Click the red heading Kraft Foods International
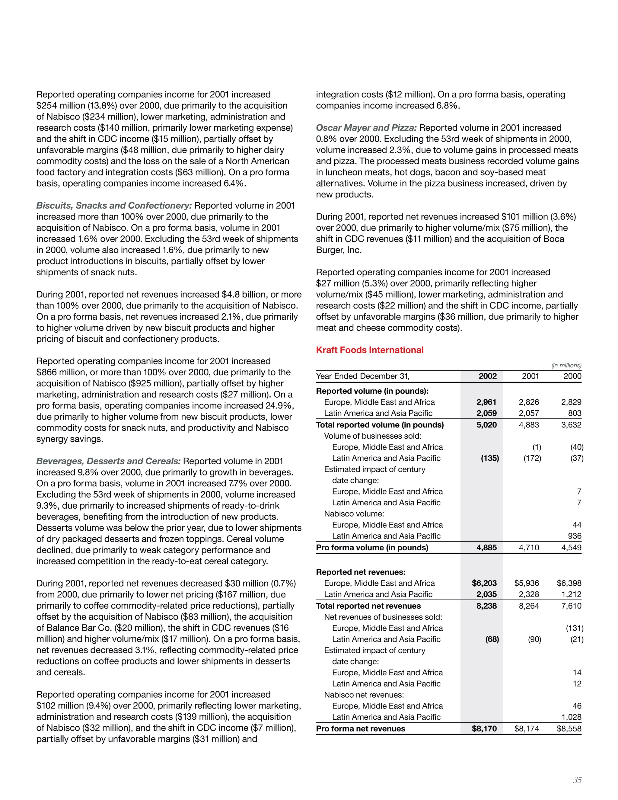click(x=369, y=350)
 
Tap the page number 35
click(x=577, y=780)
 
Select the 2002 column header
click(x=487, y=376)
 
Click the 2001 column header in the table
click(x=530, y=376)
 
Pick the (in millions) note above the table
click(x=566, y=365)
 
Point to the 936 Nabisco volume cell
click(x=575, y=536)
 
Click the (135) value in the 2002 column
click(x=490, y=458)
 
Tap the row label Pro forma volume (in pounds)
click(x=372, y=548)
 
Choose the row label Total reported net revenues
click(x=368, y=606)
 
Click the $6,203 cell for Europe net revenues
click(x=484, y=583)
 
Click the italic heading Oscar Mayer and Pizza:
click(x=366, y=128)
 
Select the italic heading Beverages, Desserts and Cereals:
click(x=108, y=461)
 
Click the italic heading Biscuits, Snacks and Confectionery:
click(x=114, y=206)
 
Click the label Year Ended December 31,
click(x=362, y=376)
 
